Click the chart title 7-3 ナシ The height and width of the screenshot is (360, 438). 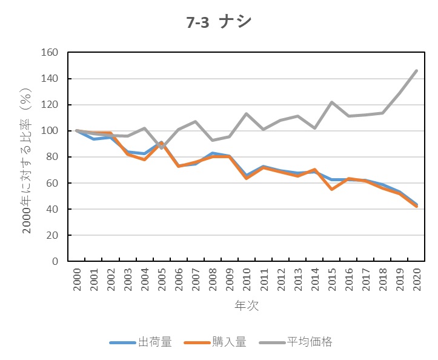coord(219,22)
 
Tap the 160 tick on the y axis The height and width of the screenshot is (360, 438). coord(50,53)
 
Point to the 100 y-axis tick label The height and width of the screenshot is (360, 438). coord(50,131)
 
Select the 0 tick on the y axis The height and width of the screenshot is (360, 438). coord(55,261)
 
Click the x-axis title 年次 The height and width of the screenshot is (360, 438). coord(247,305)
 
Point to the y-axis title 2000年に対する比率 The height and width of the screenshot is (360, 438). coord(27,157)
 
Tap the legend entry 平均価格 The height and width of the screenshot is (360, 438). coord(310,342)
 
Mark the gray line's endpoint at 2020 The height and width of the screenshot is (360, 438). coord(417,70)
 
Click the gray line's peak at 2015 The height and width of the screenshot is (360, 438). coord(332,102)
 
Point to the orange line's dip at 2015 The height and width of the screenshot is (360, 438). coord(332,189)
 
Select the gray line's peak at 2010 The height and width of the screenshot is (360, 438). coord(247,114)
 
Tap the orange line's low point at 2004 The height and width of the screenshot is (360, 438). coord(145,159)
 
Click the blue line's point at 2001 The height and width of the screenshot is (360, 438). coord(94,139)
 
